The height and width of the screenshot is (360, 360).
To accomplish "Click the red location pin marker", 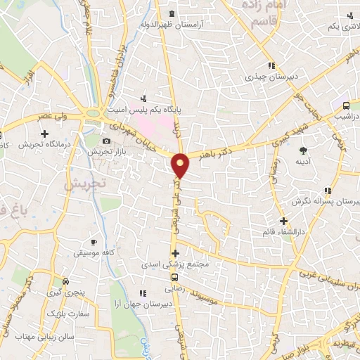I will [181, 166].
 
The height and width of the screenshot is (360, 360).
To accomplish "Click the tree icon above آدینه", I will [304, 150].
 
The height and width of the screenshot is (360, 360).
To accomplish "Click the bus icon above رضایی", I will [175, 276].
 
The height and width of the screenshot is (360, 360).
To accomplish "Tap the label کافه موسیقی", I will [97, 251].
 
